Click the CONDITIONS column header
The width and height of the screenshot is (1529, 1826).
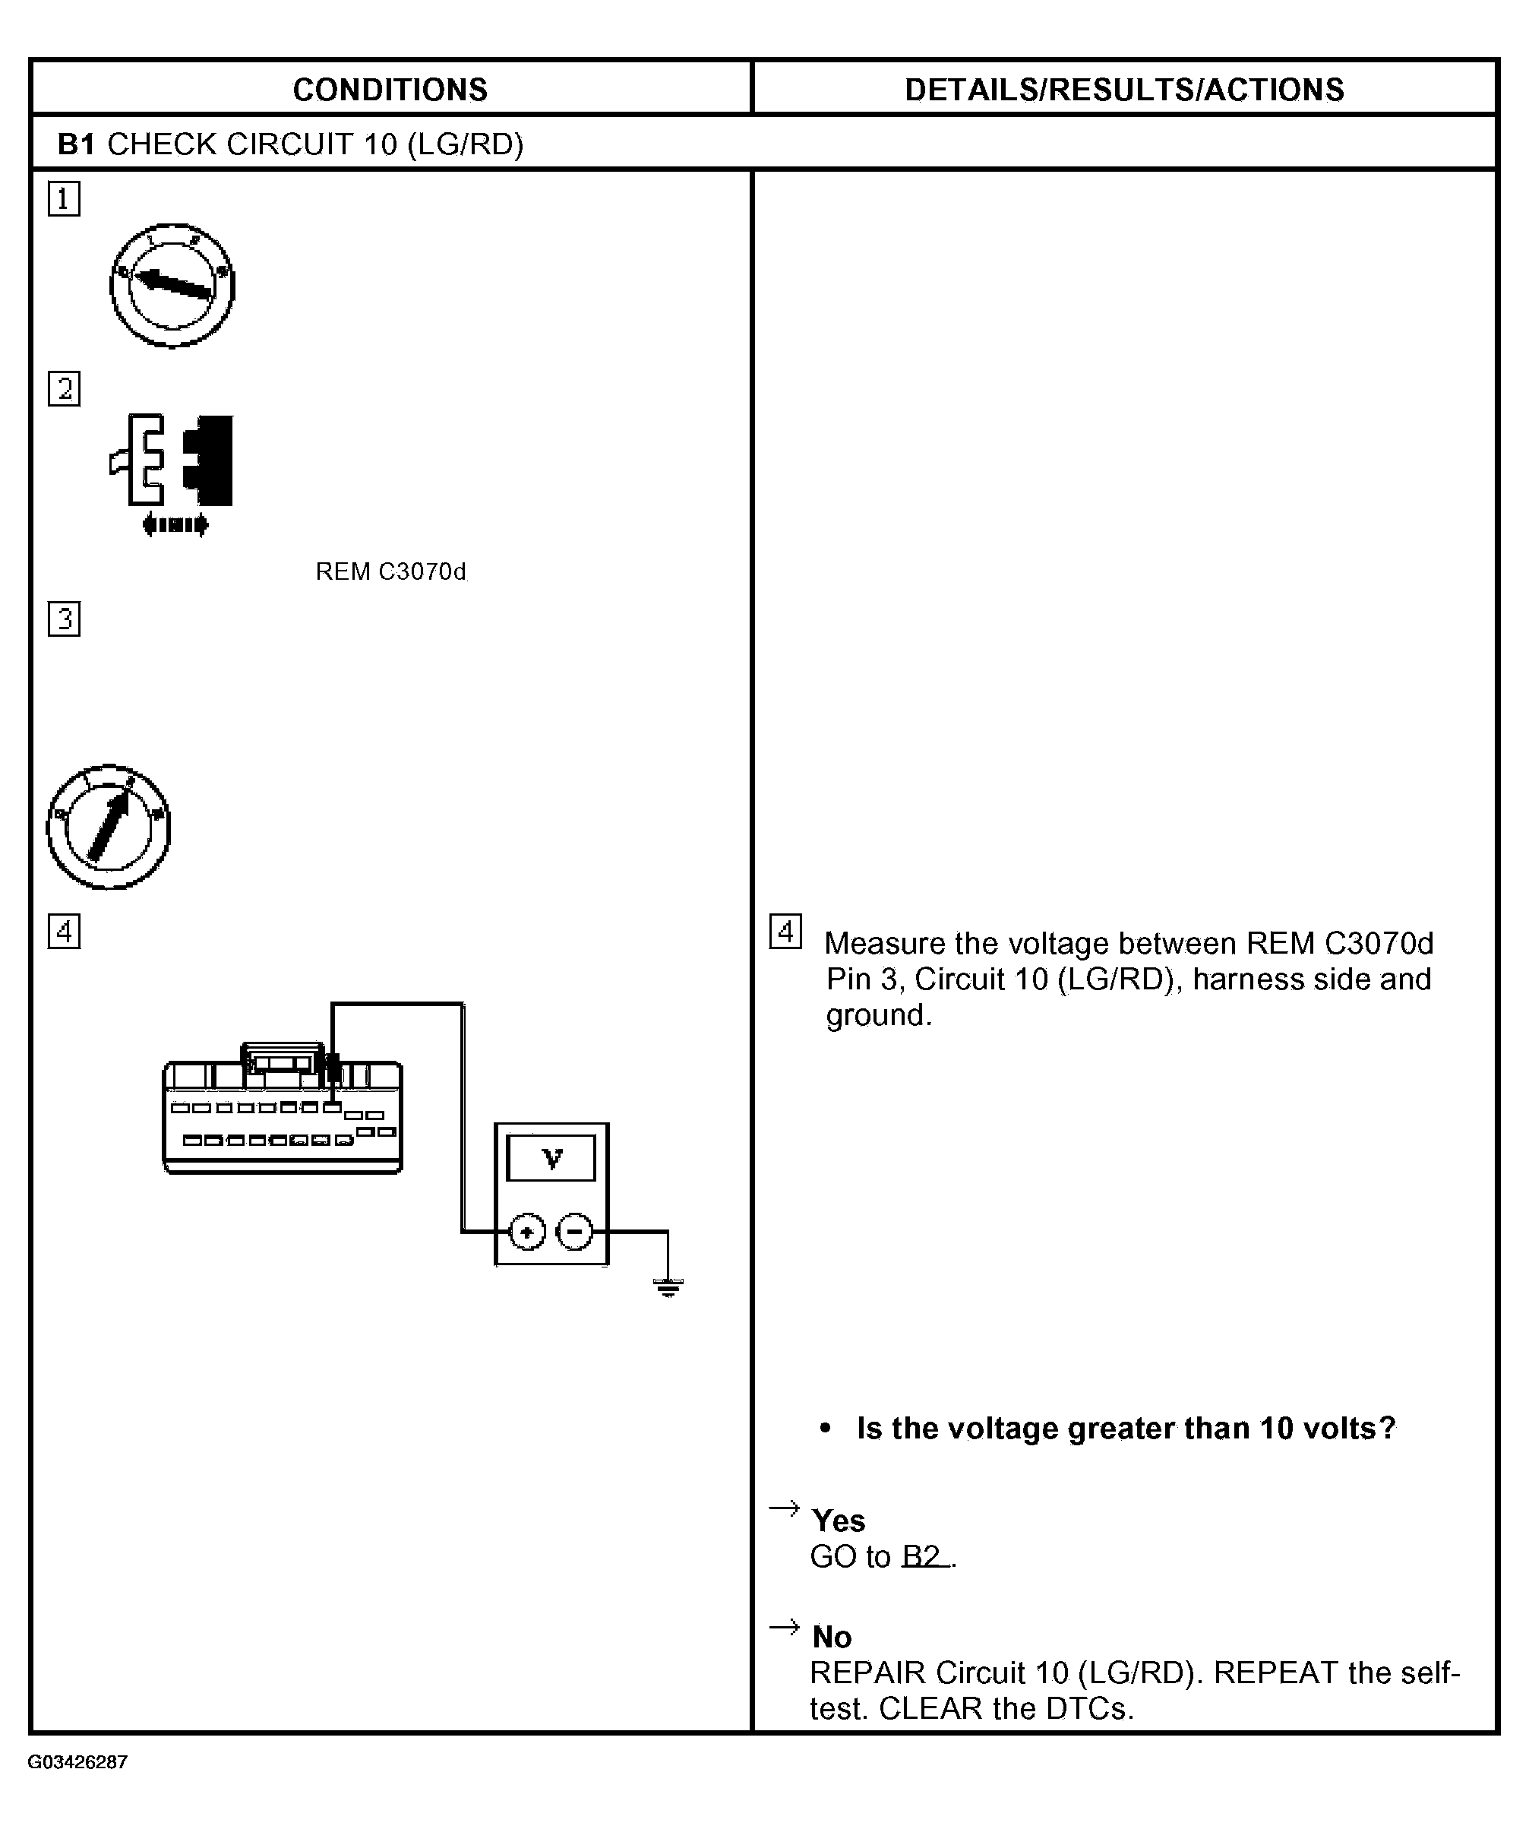click(x=390, y=90)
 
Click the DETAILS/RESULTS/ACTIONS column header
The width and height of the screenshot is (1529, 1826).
click(x=1124, y=90)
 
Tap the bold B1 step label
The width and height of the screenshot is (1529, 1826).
click(x=77, y=144)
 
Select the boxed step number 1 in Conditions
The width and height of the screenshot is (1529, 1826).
click(x=64, y=199)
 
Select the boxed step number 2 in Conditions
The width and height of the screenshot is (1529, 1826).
click(x=64, y=388)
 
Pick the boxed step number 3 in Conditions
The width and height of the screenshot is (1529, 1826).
click(x=64, y=619)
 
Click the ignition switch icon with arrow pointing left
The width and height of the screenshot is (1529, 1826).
click(x=172, y=285)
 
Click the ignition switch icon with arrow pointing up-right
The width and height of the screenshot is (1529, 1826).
click(x=109, y=827)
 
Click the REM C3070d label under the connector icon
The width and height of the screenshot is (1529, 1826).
click(x=390, y=571)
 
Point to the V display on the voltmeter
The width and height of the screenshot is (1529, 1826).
click(x=551, y=1158)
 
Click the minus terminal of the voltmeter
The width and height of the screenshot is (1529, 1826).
click(x=574, y=1231)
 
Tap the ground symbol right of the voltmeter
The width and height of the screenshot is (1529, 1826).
click(x=668, y=1288)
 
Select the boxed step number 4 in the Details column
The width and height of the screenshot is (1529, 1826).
click(x=785, y=932)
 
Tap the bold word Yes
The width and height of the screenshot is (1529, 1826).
click(x=838, y=1521)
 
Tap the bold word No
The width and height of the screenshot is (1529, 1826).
click(x=832, y=1638)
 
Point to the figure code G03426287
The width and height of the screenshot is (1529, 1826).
click(x=77, y=1761)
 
